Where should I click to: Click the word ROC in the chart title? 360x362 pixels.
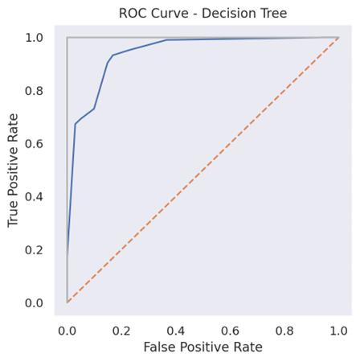click(133, 12)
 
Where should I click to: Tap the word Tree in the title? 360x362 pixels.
click(272, 12)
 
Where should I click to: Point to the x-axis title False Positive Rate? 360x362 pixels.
click(202, 348)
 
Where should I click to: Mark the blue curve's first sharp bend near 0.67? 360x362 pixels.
click(75, 124)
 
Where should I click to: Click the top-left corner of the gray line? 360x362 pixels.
click(67, 37)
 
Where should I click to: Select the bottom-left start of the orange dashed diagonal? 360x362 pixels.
click(67, 302)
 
